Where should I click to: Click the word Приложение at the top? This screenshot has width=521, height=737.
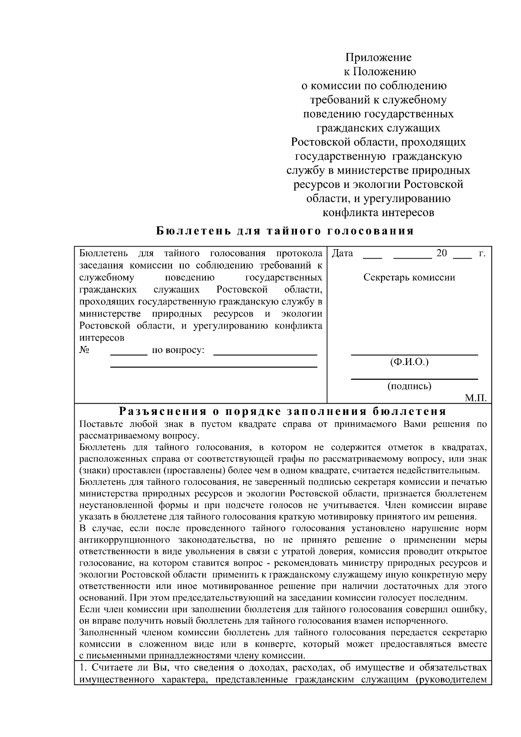(x=378, y=58)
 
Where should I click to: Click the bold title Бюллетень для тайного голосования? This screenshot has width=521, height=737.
(x=285, y=230)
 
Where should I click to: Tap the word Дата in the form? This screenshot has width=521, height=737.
(x=342, y=253)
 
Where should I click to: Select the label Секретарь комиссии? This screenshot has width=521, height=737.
(x=409, y=278)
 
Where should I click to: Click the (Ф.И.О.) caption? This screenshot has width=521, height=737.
(x=409, y=362)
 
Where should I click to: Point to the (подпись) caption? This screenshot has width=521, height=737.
(x=409, y=386)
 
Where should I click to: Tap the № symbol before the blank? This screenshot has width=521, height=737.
(x=85, y=350)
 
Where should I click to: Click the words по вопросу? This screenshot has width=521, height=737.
(x=178, y=350)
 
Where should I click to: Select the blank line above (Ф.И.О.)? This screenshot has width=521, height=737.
(x=414, y=355)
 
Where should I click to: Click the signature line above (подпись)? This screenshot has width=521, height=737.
(x=414, y=378)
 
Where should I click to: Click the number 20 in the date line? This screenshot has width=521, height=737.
(x=442, y=253)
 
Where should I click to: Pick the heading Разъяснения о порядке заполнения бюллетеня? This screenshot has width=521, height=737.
(x=283, y=411)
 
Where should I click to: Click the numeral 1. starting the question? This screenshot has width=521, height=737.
(x=84, y=668)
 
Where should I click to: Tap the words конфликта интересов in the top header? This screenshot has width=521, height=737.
(x=378, y=213)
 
